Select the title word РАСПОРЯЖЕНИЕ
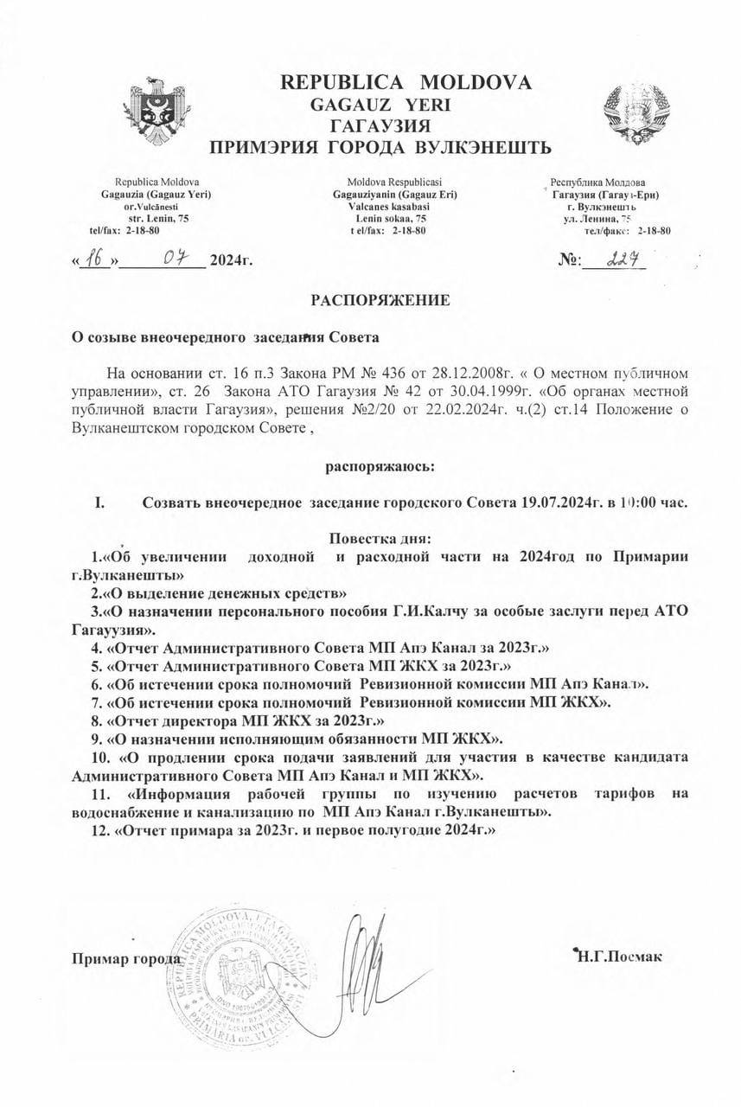click(381, 301)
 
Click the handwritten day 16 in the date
click(97, 258)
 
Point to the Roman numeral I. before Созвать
click(99, 502)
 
